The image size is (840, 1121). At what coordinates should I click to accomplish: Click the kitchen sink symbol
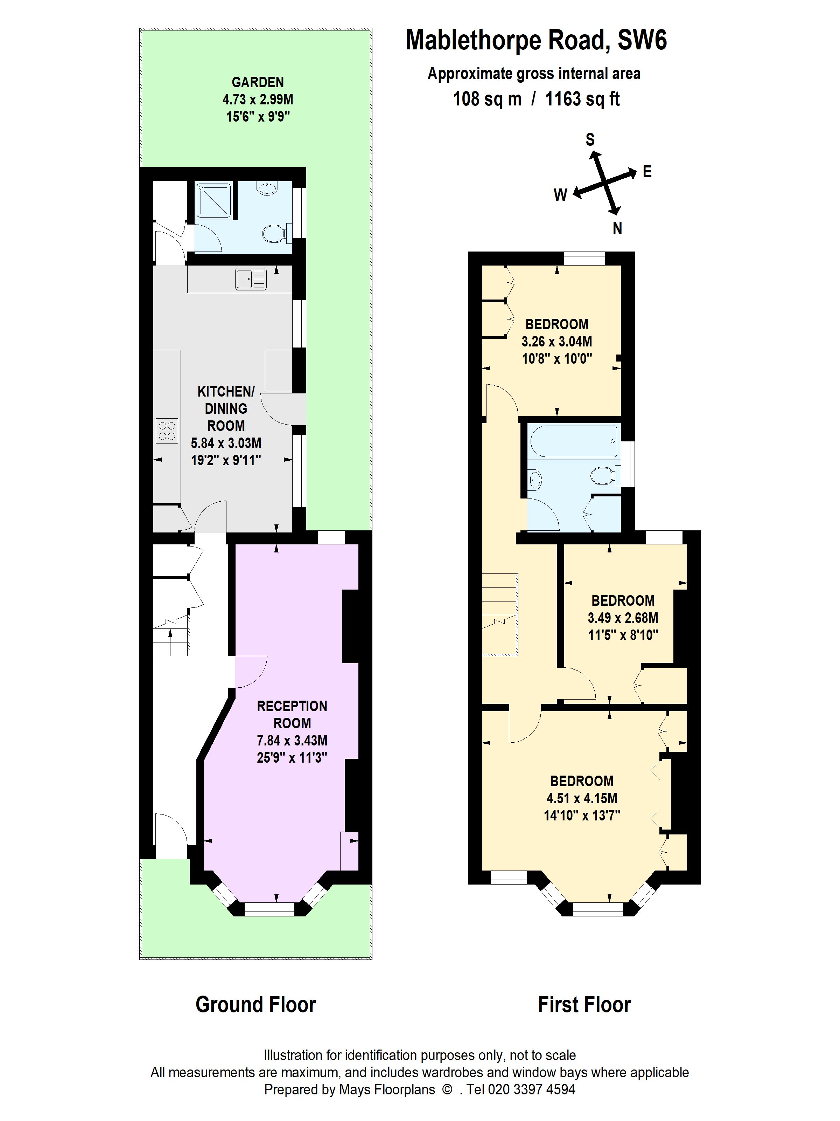(251, 279)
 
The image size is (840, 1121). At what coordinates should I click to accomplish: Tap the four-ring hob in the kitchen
(167, 431)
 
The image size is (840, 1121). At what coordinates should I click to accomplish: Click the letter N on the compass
(617, 228)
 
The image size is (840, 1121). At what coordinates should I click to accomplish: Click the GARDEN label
(258, 82)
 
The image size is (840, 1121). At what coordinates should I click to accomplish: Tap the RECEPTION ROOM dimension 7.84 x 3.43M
(292, 741)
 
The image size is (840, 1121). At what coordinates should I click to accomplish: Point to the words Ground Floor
(256, 1004)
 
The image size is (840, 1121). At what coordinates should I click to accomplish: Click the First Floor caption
(584, 1004)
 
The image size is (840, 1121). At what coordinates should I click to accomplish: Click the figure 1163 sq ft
(582, 99)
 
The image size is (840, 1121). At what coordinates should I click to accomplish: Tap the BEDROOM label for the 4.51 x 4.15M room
(582, 781)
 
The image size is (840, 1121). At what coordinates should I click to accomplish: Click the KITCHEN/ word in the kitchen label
(226, 391)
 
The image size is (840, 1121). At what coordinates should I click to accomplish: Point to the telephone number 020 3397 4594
(531, 1089)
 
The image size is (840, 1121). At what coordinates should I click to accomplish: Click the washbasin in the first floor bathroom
(535, 479)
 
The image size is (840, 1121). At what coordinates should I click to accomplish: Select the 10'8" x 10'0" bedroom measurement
(557, 359)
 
